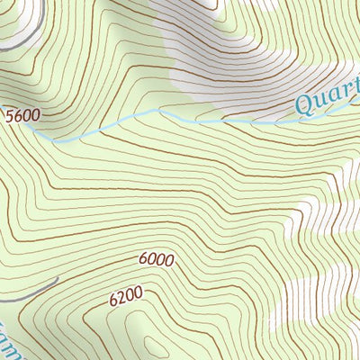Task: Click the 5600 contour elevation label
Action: tap(24, 117)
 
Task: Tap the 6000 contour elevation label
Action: tap(156, 259)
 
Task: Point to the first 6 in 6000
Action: tap(144, 260)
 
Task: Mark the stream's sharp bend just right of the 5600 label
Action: tap(56, 140)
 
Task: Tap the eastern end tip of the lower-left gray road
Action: tap(58, 279)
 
